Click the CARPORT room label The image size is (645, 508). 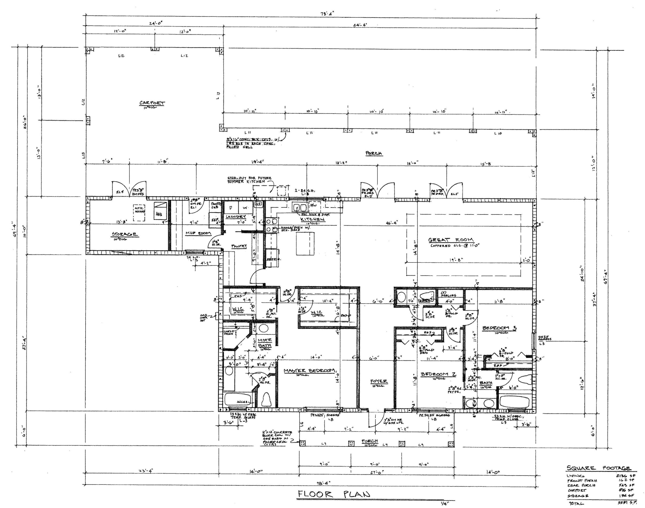click(152, 103)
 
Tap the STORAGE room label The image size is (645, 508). click(124, 234)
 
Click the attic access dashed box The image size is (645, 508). click(139, 213)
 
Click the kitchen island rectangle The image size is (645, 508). click(305, 243)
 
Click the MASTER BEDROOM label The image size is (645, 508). click(309, 371)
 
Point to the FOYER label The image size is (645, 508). click(378, 381)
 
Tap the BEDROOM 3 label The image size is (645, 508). click(499, 328)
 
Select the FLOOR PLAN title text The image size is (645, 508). click(334, 494)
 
